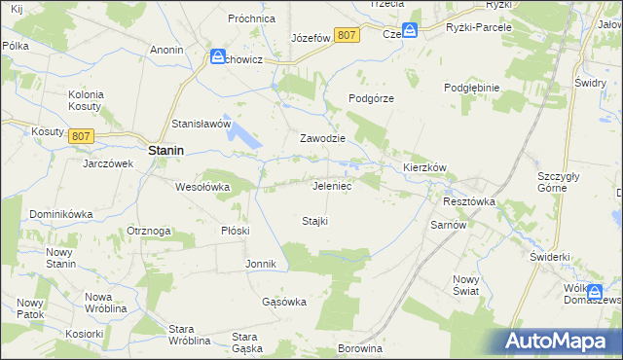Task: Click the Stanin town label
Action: point(167,152)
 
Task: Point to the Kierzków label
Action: point(424,167)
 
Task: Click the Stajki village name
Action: point(314,221)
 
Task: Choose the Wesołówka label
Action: point(202,186)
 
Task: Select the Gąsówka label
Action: point(284,302)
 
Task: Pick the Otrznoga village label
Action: point(149,231)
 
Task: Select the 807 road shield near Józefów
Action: point(346,35)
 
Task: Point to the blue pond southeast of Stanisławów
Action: point(244,138)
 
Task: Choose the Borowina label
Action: point(358,347)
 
